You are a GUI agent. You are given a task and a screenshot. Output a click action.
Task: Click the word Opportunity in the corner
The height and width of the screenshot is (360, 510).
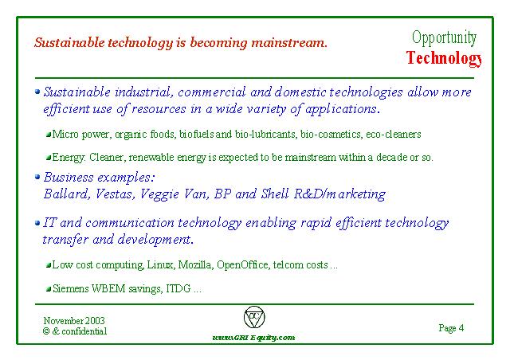tap(444, 38)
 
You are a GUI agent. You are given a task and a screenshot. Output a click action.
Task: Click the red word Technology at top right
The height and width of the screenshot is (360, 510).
tap(444, 58)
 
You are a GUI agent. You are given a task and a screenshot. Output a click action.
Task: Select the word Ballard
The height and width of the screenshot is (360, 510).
tap(66, 194)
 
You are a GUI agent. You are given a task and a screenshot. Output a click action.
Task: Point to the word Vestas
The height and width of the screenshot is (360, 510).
tap(115, 194)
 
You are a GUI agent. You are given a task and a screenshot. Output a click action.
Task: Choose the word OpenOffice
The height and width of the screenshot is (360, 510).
tap(243, 264)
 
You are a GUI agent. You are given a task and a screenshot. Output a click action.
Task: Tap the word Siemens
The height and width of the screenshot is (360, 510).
tap(70, 288)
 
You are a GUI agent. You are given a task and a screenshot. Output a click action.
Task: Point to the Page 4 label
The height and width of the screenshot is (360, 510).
tap(451, 328)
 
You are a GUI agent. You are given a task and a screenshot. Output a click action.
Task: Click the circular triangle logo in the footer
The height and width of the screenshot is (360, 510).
tap(254, 317)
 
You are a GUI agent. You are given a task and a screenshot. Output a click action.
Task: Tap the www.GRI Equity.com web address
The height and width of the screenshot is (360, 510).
tap(253, 337)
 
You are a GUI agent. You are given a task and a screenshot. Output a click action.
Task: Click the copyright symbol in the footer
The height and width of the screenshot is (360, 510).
tap(46, 331)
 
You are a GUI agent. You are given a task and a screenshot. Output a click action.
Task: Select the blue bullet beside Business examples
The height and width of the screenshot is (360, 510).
tap(37, 177)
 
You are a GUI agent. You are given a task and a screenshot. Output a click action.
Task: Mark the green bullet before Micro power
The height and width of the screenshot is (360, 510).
tap(49, 134)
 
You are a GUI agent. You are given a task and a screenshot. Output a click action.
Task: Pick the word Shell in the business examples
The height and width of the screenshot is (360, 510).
tap(275, 194)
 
